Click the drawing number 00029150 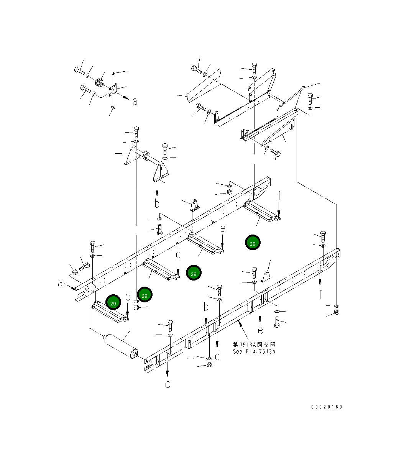[x=327, y=407]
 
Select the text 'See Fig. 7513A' [x=254, y=351]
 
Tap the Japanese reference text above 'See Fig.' [x=254, y=345]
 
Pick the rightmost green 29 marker [x=253, y=242]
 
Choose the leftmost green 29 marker [x=113, y=302]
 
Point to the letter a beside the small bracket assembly [x=135, y=102]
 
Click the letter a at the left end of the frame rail [x=60, y=283]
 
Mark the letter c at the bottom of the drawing [x=167, y=384]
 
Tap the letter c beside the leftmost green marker [x=128, y=297]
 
